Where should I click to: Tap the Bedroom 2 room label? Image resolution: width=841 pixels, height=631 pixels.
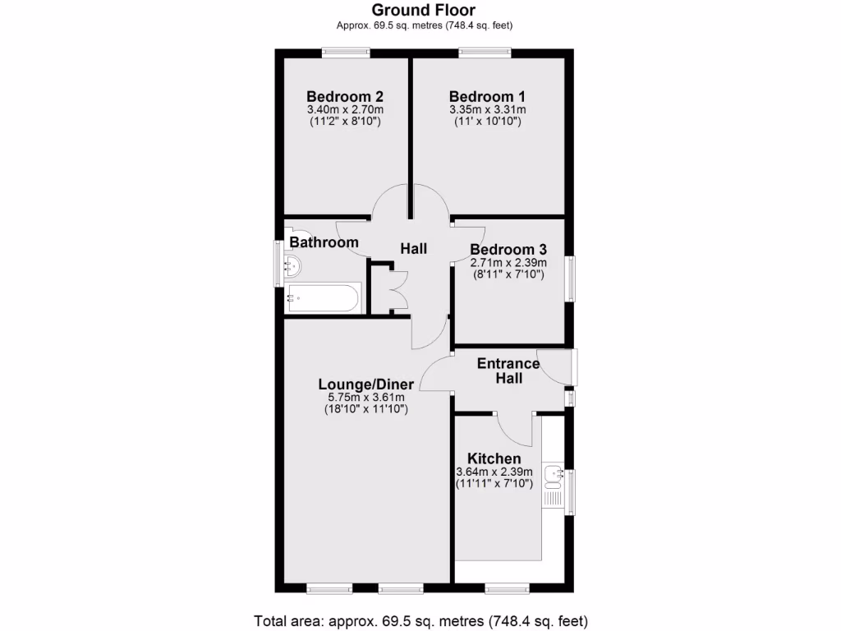(345, 94)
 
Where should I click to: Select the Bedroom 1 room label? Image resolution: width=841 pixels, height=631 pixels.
(487, 94)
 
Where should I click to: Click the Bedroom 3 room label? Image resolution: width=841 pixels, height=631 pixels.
(508, 249)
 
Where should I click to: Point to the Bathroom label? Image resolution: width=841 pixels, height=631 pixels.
(324, 242)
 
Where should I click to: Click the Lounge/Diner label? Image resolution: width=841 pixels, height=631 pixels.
(366, 384)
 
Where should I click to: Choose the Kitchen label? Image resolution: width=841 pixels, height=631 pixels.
(494, 458)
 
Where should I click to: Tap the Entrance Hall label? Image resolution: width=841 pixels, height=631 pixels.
(508, 371)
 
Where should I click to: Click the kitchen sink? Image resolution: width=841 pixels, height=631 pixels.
(553, 474)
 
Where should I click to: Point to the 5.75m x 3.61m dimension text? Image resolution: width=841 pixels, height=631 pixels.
(366, 398)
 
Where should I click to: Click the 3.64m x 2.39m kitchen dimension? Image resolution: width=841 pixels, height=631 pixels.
(494, 472)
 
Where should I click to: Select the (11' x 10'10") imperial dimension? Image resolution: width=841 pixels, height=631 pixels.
(487, 122)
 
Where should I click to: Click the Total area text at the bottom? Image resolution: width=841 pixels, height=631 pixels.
(420, 620)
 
